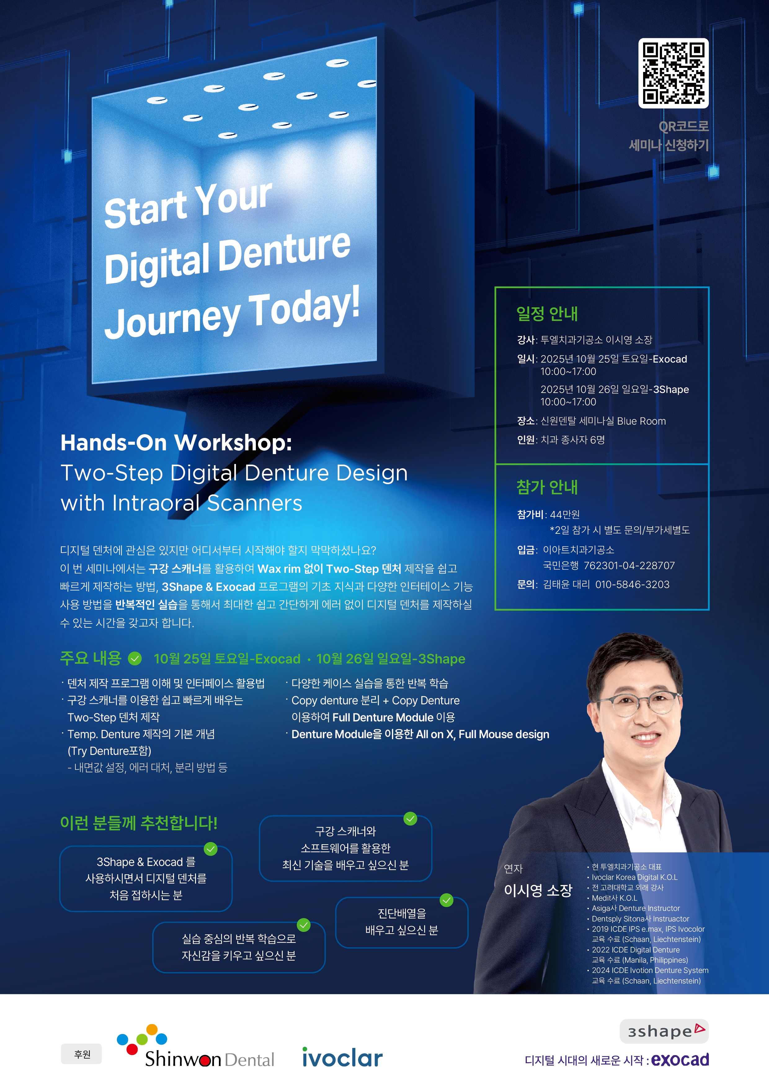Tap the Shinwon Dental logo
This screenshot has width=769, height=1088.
tap(195, 1047)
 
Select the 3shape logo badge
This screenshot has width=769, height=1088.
tap(664, 1031)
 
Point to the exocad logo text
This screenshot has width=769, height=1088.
tap(680, 1059)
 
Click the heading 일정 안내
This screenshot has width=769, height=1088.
tap(547, 313)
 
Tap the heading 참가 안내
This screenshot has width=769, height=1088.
tap(547, 487)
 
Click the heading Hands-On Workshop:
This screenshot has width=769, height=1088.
tap(176, 443)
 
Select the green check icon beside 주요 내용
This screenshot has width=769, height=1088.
tap(135, 658)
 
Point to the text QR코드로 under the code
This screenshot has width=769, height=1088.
tap(684, 126)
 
